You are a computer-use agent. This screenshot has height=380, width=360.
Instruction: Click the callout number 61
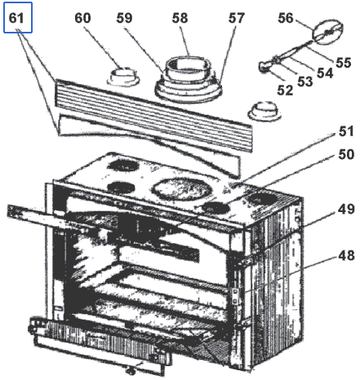(16, 18)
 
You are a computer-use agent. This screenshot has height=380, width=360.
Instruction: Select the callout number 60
(82, 18)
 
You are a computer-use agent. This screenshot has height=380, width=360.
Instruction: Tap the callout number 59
(124, 18)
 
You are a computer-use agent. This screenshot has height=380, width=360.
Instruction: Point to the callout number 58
(180, 18)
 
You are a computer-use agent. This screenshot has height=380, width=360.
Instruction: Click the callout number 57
(236, 18)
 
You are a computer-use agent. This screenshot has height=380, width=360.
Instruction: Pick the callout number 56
(286, 18)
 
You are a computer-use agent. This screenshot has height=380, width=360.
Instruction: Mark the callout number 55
(344, 62)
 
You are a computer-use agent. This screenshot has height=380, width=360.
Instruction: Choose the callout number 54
(325, 73)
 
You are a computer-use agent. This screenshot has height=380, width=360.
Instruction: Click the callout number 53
(305, 82)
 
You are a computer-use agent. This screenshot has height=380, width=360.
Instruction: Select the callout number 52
(285, 90)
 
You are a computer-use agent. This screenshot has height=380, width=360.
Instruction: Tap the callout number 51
(346, 131)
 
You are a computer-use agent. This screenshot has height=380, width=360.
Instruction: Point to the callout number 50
(346, 154)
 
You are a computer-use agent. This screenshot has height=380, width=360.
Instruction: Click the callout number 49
(346, 209)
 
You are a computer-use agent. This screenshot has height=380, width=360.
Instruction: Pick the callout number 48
(346, 255)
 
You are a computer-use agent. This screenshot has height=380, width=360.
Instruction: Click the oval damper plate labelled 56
(328, 32)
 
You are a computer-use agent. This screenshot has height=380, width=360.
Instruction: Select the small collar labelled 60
(124, 77)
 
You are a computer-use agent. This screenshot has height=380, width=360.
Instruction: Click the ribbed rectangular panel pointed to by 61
(153, 116)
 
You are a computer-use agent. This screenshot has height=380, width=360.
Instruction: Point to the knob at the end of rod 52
(264, 67)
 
